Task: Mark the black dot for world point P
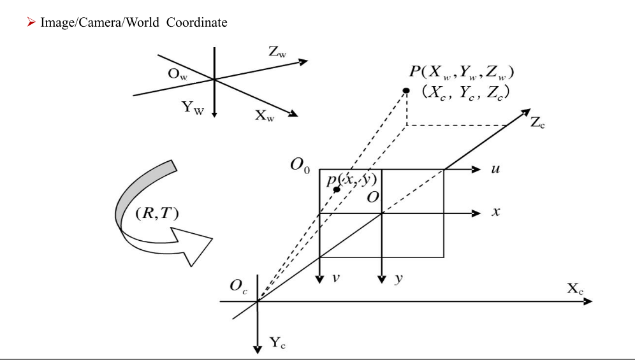405,90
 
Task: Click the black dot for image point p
337,190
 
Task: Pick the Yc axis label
277,345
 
